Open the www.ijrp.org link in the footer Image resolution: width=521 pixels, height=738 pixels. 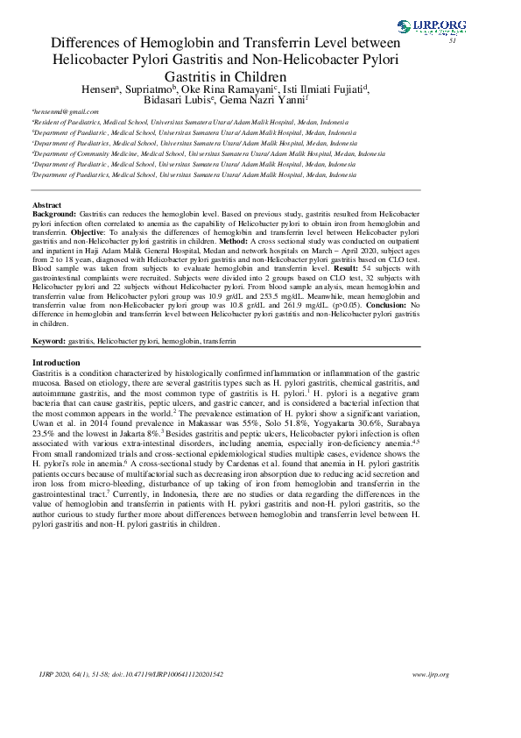click(430, 674)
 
